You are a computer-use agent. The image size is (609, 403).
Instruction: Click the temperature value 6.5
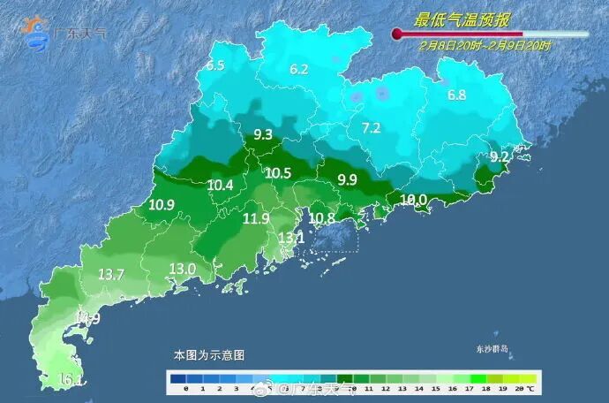coord(216,65)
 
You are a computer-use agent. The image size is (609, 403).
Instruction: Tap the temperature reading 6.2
coord(299,69)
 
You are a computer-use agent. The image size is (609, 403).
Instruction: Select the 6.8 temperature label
coord(456,95)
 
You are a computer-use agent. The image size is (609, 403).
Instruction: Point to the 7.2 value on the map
coord(371,128)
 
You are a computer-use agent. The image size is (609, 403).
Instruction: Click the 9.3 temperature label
coord(263,135)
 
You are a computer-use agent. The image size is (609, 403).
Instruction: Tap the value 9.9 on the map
coord(348,179)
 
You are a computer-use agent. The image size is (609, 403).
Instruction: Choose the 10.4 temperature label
coord(221,185)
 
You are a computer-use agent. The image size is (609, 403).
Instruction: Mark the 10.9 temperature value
coord(162,205)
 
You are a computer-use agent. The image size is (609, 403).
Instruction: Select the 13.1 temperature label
coord(291,238)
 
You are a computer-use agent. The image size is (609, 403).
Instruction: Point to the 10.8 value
coord(321,217)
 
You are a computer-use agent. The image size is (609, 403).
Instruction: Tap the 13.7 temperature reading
coord(111,275)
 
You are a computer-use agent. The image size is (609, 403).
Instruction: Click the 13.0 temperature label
coord(182,269)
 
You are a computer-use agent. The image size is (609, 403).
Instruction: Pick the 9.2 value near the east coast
coord(500,156)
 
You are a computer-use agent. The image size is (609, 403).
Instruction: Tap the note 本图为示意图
coord(208,354)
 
